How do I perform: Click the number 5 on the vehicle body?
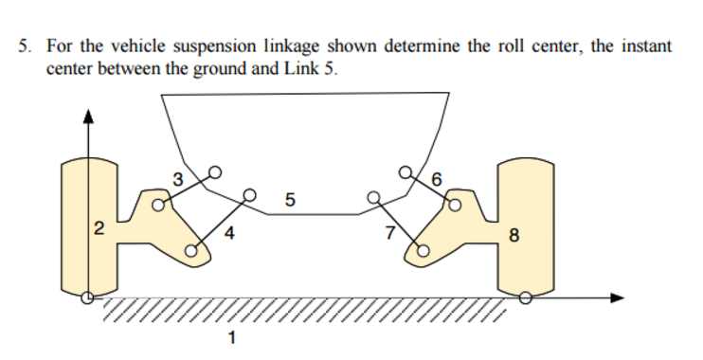pyautogui.click(x=290, y=199)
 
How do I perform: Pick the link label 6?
pyautogui.click(x=436, y=178)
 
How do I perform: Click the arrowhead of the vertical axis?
pyautogui.click(x=88, y=117)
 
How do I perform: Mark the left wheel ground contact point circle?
pyautogui.click(x=88, y=297)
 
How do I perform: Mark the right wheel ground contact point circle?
pyautogui.click(x=527, y=297)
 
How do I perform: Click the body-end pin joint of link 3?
pyautogui.click(x=215, y=171)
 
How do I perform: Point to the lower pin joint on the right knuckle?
pyautogui.click(x=424, y=251)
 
